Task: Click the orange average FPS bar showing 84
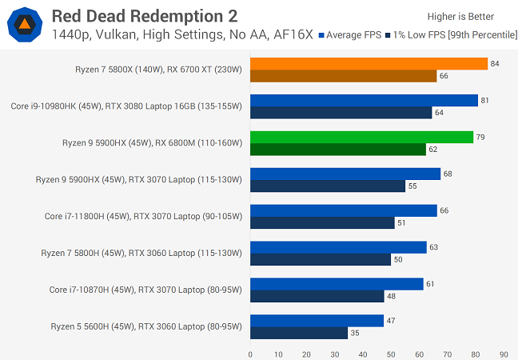coord(369,64)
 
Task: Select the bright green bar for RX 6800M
coord(361,138)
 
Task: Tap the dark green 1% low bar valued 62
coord(338,150)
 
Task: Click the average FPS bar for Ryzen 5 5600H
coord(317,322)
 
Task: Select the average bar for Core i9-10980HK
coord(364,101)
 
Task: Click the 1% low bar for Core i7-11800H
coord(322,223)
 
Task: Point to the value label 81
coord(485,101)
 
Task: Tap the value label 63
coord(434,248)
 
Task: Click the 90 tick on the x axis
coord(504,354)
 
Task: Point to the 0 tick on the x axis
coord(250,354)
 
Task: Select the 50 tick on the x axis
coord(391,354)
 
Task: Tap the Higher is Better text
coord(461,17)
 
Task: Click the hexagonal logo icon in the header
coord(26,24)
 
